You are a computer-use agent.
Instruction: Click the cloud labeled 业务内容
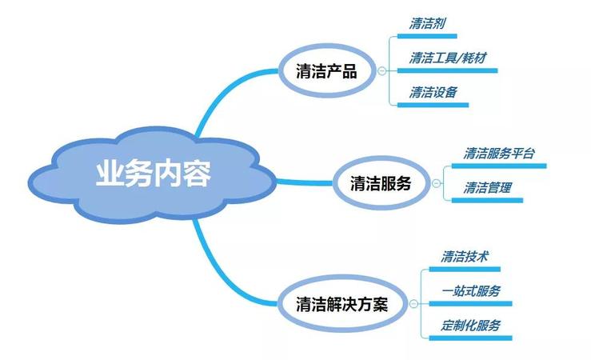pos(152,175)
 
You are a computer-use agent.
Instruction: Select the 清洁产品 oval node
pos(327,71)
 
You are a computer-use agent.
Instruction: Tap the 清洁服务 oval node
pos(381,183)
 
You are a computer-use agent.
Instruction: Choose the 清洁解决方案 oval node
pos(342,304)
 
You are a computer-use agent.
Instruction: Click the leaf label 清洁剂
pos(427,24)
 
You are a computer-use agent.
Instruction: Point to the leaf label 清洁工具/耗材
pos(448,58)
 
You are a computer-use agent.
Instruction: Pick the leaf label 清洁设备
pos(433,92)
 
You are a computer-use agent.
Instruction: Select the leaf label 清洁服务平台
pos(499,154)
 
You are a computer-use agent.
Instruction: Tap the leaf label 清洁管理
pos(487,188)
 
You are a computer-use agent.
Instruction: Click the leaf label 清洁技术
pos(465,257)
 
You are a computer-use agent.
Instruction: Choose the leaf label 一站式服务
pos(471,291)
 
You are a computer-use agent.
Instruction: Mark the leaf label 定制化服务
pos(471,326)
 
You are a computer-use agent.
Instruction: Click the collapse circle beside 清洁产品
pos(381,70)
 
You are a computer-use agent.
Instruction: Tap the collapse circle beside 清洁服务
pos(436,183)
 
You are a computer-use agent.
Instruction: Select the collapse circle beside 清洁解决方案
pos(413,304)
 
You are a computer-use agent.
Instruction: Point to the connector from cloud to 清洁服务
pos(305,182)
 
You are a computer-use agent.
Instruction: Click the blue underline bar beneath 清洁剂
pos(427,36)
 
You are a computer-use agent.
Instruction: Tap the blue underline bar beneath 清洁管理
pos(487,200)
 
